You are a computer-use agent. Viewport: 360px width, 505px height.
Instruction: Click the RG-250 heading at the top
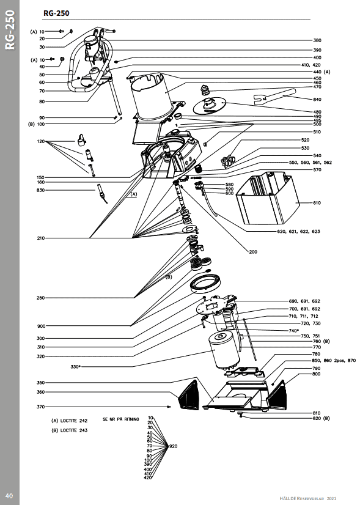56,13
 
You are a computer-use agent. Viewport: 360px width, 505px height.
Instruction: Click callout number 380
317,40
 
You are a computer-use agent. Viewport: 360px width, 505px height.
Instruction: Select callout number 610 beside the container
317,203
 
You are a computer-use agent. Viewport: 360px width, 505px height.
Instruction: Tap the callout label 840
317,99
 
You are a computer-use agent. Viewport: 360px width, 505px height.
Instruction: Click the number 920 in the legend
173,446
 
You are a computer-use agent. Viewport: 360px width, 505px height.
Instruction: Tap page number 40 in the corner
9,495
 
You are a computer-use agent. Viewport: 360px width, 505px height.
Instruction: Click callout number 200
253,252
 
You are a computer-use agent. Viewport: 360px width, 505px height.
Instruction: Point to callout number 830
40,190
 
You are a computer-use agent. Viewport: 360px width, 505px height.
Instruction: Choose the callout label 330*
75,366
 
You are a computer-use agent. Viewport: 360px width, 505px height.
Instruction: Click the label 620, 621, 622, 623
298,231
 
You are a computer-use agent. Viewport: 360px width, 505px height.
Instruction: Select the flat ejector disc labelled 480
210,106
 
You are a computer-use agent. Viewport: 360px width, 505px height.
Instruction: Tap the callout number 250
40,298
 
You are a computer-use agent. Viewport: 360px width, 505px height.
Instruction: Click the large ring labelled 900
205,282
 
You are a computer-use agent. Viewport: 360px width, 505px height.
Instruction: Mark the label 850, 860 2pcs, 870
334,360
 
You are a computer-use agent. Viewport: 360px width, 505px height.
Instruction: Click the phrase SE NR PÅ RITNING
121,419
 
